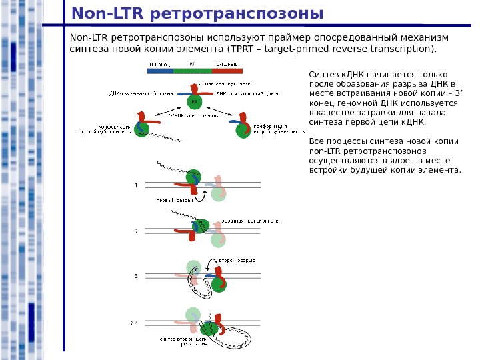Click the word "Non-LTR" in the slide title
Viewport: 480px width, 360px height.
[x=108, y=13]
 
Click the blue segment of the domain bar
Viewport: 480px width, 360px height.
[x=159, y=70]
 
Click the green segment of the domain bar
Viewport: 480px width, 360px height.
[x=193, y=70]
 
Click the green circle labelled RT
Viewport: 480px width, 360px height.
[x=195, y=102]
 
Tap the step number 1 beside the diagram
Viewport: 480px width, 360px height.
[x=136, y=185]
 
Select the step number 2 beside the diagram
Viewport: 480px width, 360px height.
[x=136, y=231]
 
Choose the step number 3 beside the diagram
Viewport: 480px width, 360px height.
[x=136, y=275]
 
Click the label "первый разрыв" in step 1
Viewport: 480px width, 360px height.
[x=171, y=199]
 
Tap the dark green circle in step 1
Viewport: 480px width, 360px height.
[x=193, y=177]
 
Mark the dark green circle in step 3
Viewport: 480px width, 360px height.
[x=219, y=285]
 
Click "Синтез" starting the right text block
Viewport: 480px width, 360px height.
[x=324, y=75]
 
